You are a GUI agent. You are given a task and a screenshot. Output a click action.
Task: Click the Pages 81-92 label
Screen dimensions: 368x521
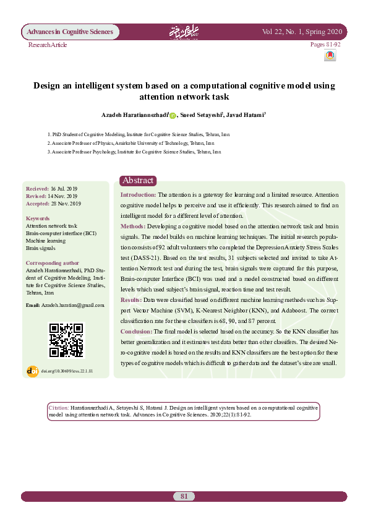(x=325, y=45)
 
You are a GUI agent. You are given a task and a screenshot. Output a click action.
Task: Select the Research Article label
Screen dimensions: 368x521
(x=48, y=45)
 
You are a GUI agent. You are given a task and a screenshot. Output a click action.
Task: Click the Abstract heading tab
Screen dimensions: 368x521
(x=138, y=180)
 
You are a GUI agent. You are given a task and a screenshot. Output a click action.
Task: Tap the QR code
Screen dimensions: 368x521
(x=66, y=340)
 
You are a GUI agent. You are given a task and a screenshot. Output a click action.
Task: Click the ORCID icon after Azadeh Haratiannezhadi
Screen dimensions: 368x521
(x=173, y=114)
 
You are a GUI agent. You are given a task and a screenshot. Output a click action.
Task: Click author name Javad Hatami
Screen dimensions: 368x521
(x=246, y=114)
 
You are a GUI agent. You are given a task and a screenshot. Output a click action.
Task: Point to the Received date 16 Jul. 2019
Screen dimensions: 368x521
(x=64, y=188)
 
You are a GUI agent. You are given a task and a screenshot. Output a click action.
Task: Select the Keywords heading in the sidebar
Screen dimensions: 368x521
(x=38, y=218)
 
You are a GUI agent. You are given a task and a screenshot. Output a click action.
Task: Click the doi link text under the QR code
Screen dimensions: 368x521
(x=71, y=371)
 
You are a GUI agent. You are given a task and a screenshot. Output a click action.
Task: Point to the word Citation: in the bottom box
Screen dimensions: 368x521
(x=58, y=409)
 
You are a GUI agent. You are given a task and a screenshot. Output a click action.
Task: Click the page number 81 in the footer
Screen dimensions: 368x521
(x=184, y=496)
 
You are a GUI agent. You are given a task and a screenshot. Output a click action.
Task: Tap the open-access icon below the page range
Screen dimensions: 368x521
(x=330, y=56)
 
